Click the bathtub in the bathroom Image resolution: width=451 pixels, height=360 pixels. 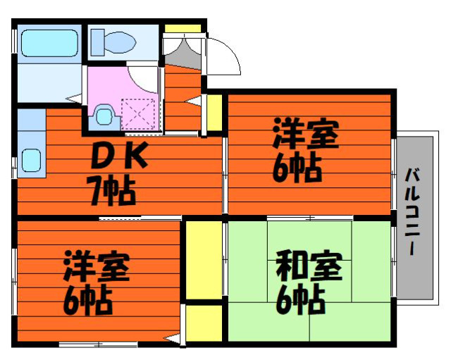point(49,43)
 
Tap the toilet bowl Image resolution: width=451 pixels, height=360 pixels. point(121,42)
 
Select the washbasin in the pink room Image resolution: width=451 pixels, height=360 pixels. point(104,116)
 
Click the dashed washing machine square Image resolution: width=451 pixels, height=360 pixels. point(138,114)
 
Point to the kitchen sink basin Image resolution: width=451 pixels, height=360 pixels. point(31,160)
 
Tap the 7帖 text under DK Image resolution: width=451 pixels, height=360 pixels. point(113,191)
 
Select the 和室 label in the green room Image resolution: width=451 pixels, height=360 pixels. point(309,266)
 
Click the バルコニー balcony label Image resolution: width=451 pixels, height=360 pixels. point(412,211)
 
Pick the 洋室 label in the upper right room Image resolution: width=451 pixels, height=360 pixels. point(306,133)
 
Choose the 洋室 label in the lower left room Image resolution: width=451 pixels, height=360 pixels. point(97,266)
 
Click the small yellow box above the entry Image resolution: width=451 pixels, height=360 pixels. point(183,28)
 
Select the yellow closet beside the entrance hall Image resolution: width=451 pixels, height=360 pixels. point(214,113)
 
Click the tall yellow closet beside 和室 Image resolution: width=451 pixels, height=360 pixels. point(204,260)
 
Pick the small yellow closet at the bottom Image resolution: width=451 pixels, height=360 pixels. point(204,323)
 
